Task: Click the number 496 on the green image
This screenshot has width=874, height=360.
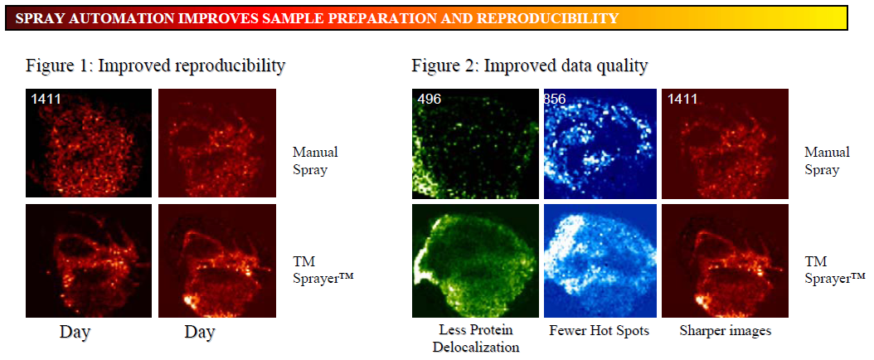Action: [430, 100]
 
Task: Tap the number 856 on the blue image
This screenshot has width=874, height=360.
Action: [555, 100]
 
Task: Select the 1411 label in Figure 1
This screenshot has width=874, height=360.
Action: [46, 100]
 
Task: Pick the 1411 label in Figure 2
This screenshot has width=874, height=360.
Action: [682, 100]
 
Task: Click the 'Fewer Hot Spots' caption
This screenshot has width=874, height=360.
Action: [600, 330]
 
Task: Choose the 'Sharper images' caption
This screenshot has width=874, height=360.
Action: [726, 331]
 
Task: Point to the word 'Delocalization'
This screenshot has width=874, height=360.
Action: [476, 348]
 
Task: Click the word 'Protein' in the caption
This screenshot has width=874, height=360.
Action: [495, 330]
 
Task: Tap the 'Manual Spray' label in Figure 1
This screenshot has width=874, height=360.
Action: [315, 160]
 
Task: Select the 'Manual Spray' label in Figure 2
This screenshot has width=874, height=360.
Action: [828, 160]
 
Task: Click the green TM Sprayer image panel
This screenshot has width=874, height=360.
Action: [475, 260]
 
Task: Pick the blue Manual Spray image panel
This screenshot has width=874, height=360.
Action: [600, 144]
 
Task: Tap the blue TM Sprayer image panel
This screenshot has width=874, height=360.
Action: [600, 260]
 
